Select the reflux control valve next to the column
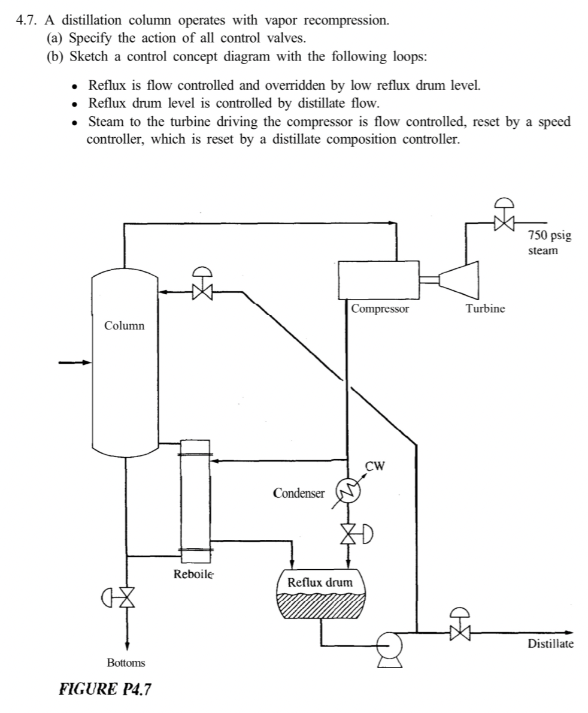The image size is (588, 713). click(x=203, y=292)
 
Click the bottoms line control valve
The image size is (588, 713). click(x=126, y=597)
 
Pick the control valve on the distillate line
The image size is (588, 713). click(x=460, y=632)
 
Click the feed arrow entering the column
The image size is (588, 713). click(x=75, y=362)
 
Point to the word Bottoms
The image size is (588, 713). click(x=126, y=663)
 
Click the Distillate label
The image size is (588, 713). click(x=550, y=644)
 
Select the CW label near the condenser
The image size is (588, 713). click(x=374, y=466)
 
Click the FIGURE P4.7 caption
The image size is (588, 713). click(x=105, y=689)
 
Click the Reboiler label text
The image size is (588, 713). click(x=193, y=574)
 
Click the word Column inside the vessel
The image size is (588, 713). click(x=124, y=326)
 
